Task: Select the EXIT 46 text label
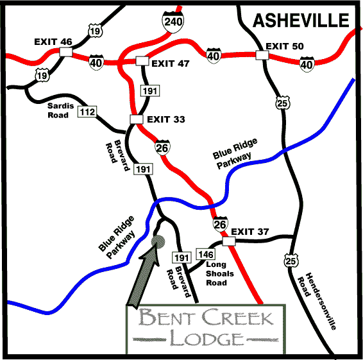pyautogui.click(x=53, y=42)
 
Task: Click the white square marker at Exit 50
pyautogui.click(x=261, y=55)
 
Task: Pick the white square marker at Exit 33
pyautogui.click(x=135, y=119)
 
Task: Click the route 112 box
pyautogui.click(x=87, y=113)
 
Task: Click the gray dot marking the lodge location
pyautogui.click(x=160, y=242)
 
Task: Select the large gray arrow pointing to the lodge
pyautogui.click(x=142, y=276)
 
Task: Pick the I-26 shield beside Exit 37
pyautogui.click(x=220, y=225)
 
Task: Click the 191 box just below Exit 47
pyautogui.click(x=149, y=92)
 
